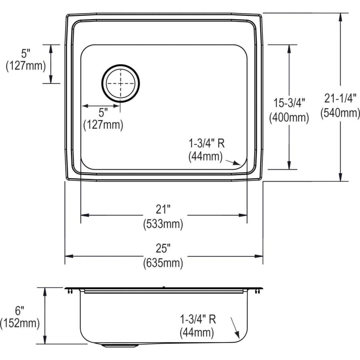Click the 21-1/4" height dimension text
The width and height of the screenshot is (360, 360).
point(340,97)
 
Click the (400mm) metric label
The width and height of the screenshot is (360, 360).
point(289,118)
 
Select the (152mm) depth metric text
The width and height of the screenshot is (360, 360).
point(20,324)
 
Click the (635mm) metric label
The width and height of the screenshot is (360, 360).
point(163,264)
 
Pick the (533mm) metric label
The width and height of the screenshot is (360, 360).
point(163,224)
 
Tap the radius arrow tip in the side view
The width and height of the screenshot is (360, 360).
point(239,336)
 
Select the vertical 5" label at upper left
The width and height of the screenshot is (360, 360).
point(25,52)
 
